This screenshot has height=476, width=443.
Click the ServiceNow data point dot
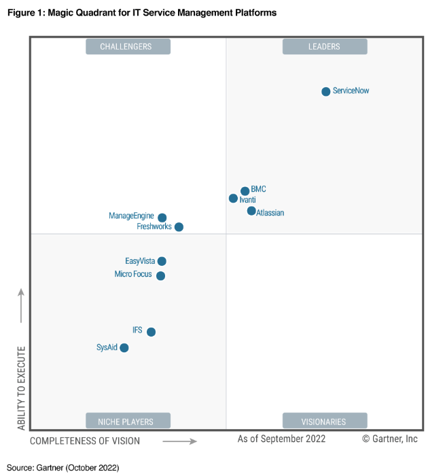[x=326, y=91]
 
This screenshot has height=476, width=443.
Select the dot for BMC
[x=245, y=191]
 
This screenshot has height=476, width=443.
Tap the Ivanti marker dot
[x=234, y=199]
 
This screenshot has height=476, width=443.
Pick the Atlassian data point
[x=251, y=211]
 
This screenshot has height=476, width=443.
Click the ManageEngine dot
[x=162, y=218]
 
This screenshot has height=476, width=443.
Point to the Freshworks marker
[x=179, y=227]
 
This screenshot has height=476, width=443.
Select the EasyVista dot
[x=162, y=261]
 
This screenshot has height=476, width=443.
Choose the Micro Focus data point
[x=160, y=275]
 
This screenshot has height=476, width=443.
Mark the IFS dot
[x=151, y=332]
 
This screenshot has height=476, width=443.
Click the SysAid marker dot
[x=124, y=347]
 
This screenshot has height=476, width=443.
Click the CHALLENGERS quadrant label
[x=128, y=46]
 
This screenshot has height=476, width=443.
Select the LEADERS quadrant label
[x=325, y=46]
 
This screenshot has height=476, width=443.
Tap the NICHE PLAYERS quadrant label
[x=128, y=421]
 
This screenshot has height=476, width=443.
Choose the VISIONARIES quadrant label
[x=325, y=421]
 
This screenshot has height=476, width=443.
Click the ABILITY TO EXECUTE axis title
[x=21, y=388]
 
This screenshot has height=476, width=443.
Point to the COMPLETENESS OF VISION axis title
[x=85, y=441]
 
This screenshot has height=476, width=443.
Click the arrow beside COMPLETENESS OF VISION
[x=180, y=441]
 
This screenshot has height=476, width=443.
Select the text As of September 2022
[x=281, y=439]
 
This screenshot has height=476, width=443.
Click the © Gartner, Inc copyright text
[x=389, y=439]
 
